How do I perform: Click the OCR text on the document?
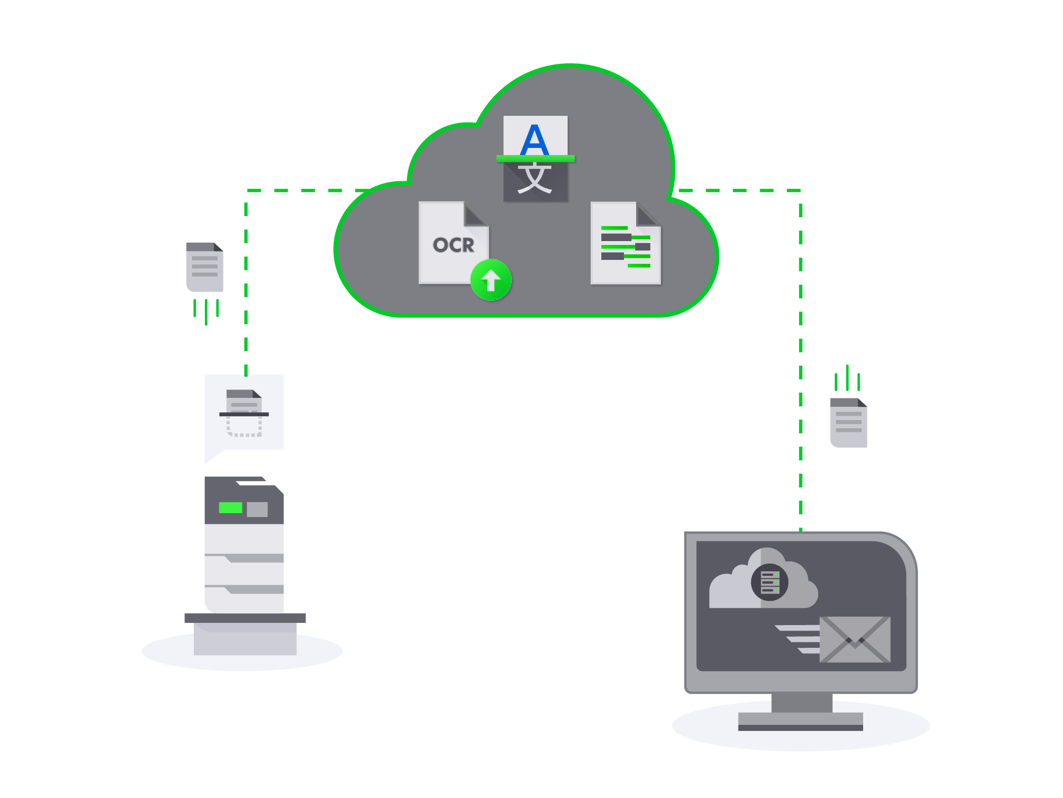[453, 245]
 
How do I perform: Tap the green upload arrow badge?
[491, 280]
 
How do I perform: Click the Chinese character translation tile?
[535, 180]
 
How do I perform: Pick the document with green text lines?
[626, 244]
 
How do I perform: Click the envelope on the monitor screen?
[855, 640]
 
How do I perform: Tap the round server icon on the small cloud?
[770, 582]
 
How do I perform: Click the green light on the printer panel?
[230, 508]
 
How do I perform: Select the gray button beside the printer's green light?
[257, 509]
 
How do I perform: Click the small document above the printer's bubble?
[204, 267]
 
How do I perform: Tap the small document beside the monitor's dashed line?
[848, 423]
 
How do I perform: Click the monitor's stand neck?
[802, 703]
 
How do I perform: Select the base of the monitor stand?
[801, 722]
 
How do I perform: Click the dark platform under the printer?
[245, 618]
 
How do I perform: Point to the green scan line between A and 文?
[535, 159]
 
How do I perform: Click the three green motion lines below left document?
[206, 311]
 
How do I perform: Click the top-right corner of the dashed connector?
[801, 191]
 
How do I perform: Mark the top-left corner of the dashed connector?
[246, 191]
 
